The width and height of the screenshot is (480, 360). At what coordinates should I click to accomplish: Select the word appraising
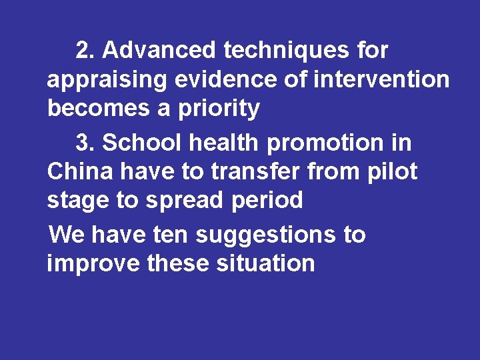107,80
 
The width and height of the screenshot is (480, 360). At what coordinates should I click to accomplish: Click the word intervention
381,79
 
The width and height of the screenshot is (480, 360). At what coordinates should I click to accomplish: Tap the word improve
93,264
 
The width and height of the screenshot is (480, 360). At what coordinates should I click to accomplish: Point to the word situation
265,263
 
